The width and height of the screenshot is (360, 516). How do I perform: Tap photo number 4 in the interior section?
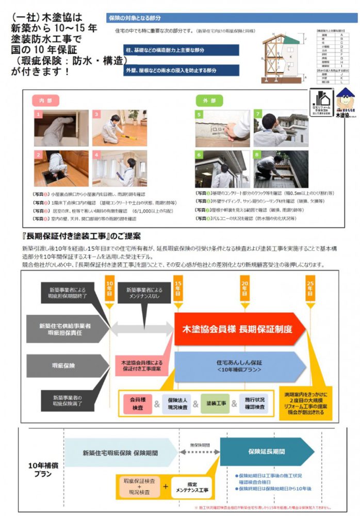[119, 168]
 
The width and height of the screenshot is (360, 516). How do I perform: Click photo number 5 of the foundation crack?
[222, 128]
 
